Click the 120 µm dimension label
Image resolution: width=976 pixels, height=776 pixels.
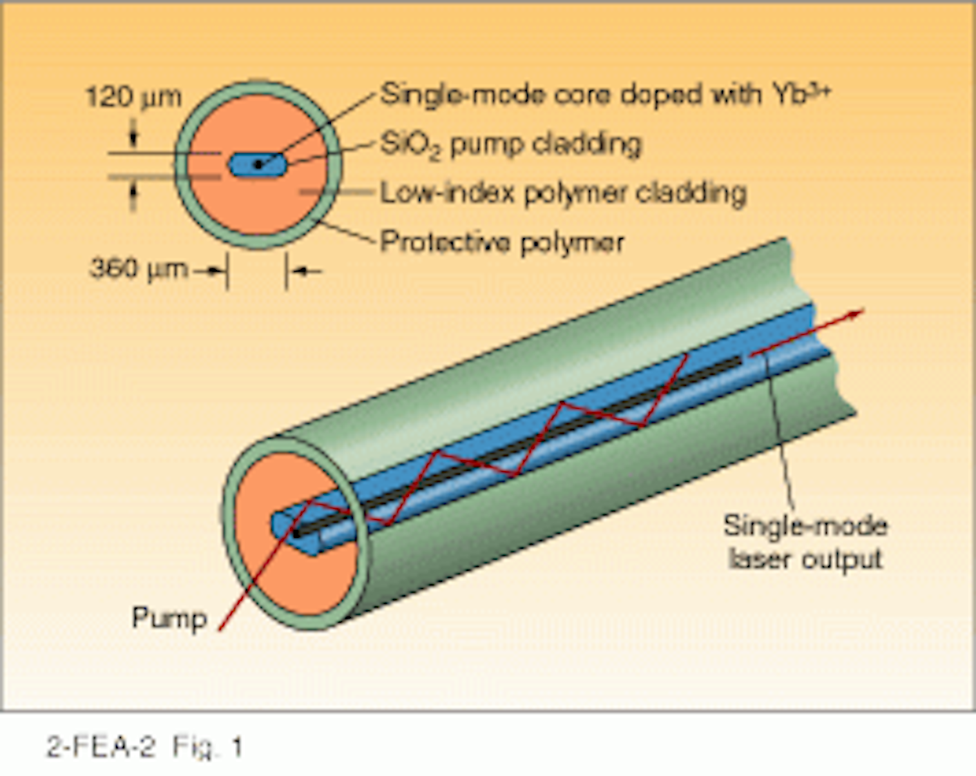pyautogui.click(x=133, y=97)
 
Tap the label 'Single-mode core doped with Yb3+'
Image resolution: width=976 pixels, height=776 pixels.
pyautogui.click(x=604, y=95)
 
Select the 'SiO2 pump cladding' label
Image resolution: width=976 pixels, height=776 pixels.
pyautogui.click(x=510, y=145)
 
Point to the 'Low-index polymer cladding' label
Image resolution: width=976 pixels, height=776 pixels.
pyautogui.click(x=563, y=193)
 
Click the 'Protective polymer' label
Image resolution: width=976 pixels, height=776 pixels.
pyautogui.click(x=502, y=242)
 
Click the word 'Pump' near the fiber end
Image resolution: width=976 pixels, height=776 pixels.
pyautogui.click(x=169, y=618)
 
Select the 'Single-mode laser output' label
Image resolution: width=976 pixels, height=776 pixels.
pyautogui.click(x=805, y=543)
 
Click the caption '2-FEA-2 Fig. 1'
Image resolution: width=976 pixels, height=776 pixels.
pyautogui.click(x=144, y=747)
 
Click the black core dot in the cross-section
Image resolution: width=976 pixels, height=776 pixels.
pyautogui.click(x=258, y=164)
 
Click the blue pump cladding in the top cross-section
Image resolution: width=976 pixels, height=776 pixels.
pyautogui.click(x=242, y=164)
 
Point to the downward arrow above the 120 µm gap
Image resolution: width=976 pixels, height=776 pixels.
pyautogui.click(x=133, y=137)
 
